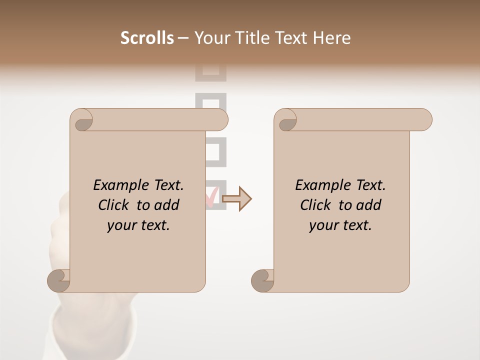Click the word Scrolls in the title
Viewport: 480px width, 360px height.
147,38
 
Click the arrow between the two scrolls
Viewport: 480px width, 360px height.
236,198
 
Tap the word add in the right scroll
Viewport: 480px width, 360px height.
369,205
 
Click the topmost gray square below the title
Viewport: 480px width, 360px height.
210,73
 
